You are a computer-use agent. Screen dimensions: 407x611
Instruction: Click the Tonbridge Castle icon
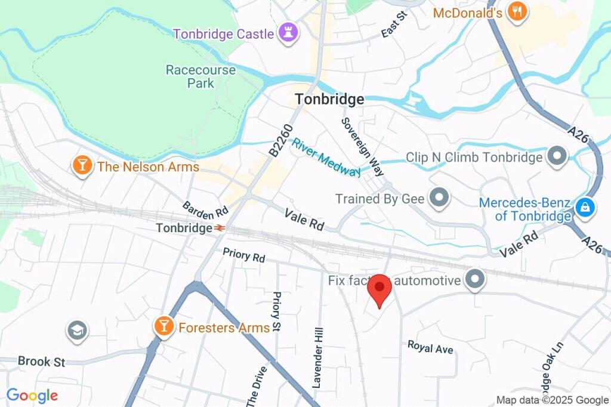pyautogui.click(x=285, y=33)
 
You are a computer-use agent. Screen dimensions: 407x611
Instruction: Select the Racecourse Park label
pyautogui.click(x=200, y=76)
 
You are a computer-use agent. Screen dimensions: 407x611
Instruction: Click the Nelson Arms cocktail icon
pyautogui.click(x=82, y=166)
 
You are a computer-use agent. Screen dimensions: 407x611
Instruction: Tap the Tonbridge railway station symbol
pyautogui.click(x=220, y=228)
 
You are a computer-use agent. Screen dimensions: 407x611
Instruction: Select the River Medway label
pyautogui.click(x=326, y=158)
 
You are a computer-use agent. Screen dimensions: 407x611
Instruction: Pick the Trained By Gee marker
pyautogui.click(x=439, y=198)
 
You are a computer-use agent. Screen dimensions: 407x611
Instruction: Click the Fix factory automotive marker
pyautogui.click(x=475, y=279)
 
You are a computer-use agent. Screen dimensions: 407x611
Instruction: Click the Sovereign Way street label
pyautogui.click(x=362, y=147)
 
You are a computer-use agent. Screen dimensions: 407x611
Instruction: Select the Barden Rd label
pyautogui.click(x=205, y=209)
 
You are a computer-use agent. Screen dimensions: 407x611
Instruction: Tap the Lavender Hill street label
pyautogui.click(x=317, y=357)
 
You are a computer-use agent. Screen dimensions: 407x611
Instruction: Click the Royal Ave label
pyautogui.click(x=430, y=347)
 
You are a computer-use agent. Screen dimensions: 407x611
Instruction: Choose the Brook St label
pyautogui.click(x=41, y=361)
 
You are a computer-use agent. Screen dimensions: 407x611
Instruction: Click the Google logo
pyautogui.click(x=32, y=395)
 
